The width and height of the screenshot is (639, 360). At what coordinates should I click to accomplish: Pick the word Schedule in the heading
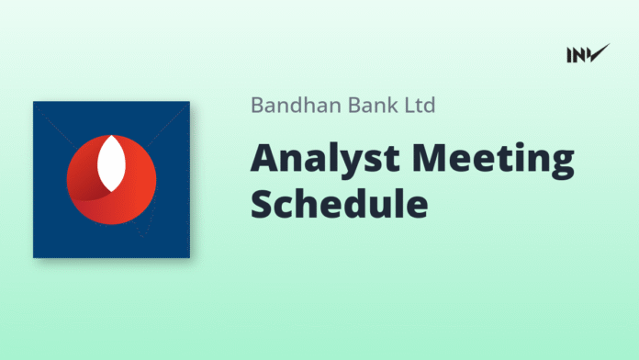tap(339, 204)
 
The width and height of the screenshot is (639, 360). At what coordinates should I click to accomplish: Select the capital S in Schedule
tap(263, 204)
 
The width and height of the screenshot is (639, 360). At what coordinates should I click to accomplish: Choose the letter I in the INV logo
tap(570, 54)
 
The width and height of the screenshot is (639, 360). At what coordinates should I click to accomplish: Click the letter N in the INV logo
tap(580, 54)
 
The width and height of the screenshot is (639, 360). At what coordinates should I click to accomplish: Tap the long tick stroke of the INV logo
tap(598, 52)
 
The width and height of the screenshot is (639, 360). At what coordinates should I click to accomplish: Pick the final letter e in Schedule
tap(415, 207)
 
